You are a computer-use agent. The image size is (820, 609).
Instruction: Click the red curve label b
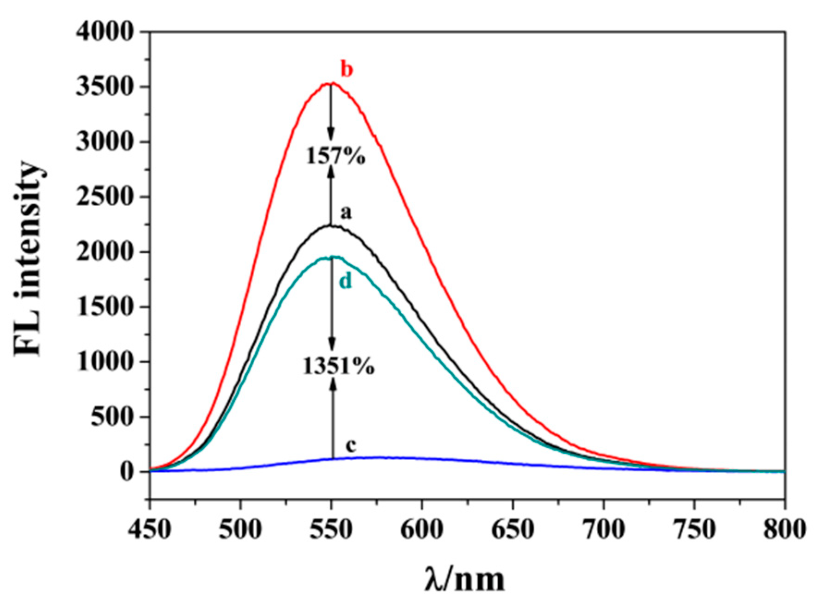point(347,70)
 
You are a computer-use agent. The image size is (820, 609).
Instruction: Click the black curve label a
point(346,213)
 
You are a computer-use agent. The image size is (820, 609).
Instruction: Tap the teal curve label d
point(346,280)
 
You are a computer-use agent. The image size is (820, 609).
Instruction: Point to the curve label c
point(351,446)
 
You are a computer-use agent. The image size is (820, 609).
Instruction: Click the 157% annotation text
point(336,157)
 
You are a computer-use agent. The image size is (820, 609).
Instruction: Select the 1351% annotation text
point(339,367)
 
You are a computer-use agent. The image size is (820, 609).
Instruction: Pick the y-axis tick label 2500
point(105,197)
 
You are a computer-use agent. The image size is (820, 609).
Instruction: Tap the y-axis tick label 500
point(112,417)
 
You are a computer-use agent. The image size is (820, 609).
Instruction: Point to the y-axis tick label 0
point(128,472)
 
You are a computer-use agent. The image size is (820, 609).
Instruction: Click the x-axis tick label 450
point(150,530)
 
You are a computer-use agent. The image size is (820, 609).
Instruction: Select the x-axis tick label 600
point(422,530)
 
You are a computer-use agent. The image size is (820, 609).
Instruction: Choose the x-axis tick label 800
point(784,530)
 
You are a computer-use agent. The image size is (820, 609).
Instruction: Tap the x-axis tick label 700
point(603,530)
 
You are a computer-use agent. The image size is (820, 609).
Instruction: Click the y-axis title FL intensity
point(29,259)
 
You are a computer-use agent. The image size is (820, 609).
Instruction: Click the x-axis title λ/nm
point(465,579)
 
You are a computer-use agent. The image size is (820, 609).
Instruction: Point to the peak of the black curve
point(331,226)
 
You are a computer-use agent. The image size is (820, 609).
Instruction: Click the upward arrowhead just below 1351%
point(332,383)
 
